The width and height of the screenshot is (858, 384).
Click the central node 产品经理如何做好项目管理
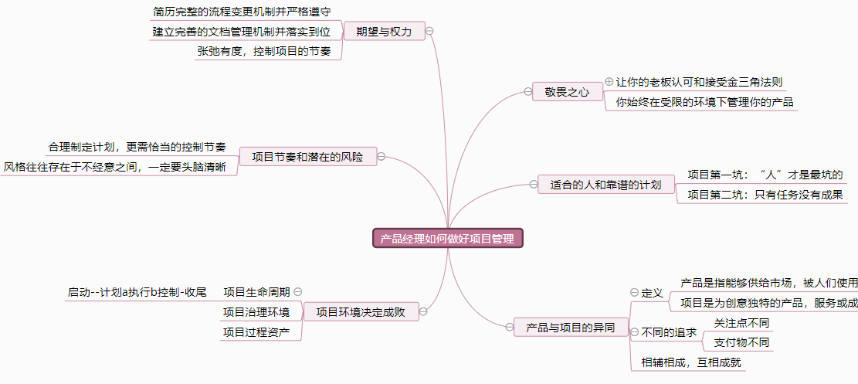pos(447,238)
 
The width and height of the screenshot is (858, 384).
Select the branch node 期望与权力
pos(384,32)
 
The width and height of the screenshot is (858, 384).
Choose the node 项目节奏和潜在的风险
pos(307,157)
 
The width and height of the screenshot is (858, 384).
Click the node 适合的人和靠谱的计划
pos(605,185)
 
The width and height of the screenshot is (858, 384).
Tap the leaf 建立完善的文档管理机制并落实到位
pos(246,32)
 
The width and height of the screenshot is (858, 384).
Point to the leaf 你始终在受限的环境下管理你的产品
pos(704,101)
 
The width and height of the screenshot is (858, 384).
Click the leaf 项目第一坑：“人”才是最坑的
pos(765,174)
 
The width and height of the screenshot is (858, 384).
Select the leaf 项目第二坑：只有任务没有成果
pos(765,194)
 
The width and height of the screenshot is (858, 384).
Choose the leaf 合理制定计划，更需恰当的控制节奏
pos(137,146)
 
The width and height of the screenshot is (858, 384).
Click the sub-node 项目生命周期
pos(256,292)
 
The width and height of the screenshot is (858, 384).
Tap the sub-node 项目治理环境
pos(256,312)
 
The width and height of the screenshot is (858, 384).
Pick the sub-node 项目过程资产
pos(256,332)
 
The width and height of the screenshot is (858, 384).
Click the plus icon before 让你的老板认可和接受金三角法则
pos(609,81)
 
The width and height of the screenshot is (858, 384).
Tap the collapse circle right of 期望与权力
pos(429,32)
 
